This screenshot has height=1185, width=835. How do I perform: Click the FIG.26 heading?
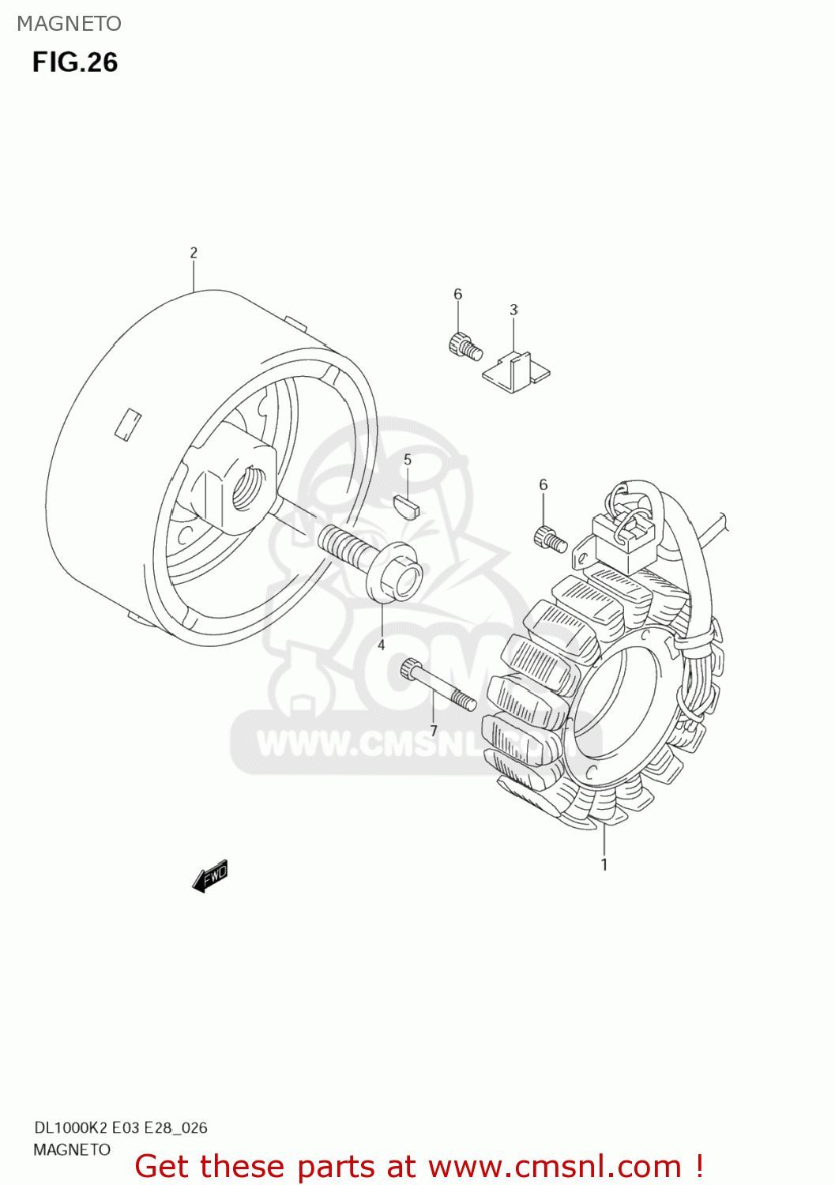click(75, 62)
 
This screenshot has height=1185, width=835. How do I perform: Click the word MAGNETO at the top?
click(70, 24)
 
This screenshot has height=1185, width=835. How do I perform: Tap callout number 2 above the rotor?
click(194, 253)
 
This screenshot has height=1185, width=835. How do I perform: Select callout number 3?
click(513, 310)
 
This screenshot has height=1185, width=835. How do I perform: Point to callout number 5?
click(408, 460)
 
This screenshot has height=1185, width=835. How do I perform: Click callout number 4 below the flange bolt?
click(381, 645)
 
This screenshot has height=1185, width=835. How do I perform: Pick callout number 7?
click(434, 731)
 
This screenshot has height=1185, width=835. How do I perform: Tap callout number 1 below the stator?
click(604, 864)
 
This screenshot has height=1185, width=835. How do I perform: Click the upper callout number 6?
click(458, 294)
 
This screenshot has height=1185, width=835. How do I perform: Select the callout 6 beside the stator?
click(544, 484)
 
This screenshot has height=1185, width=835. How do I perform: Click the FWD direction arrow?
click(210, 875)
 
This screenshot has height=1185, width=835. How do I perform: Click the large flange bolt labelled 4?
click(371, 561)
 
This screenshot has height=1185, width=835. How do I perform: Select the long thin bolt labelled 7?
click(438, 684)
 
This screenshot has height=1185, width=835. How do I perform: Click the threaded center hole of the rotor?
click(249, 488)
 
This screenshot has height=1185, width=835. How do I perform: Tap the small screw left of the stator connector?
click(550, 540)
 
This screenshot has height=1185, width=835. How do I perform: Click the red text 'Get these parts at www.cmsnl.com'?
click(419, 1166)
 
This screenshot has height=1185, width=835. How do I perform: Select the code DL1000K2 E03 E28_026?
click(120, 1127)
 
